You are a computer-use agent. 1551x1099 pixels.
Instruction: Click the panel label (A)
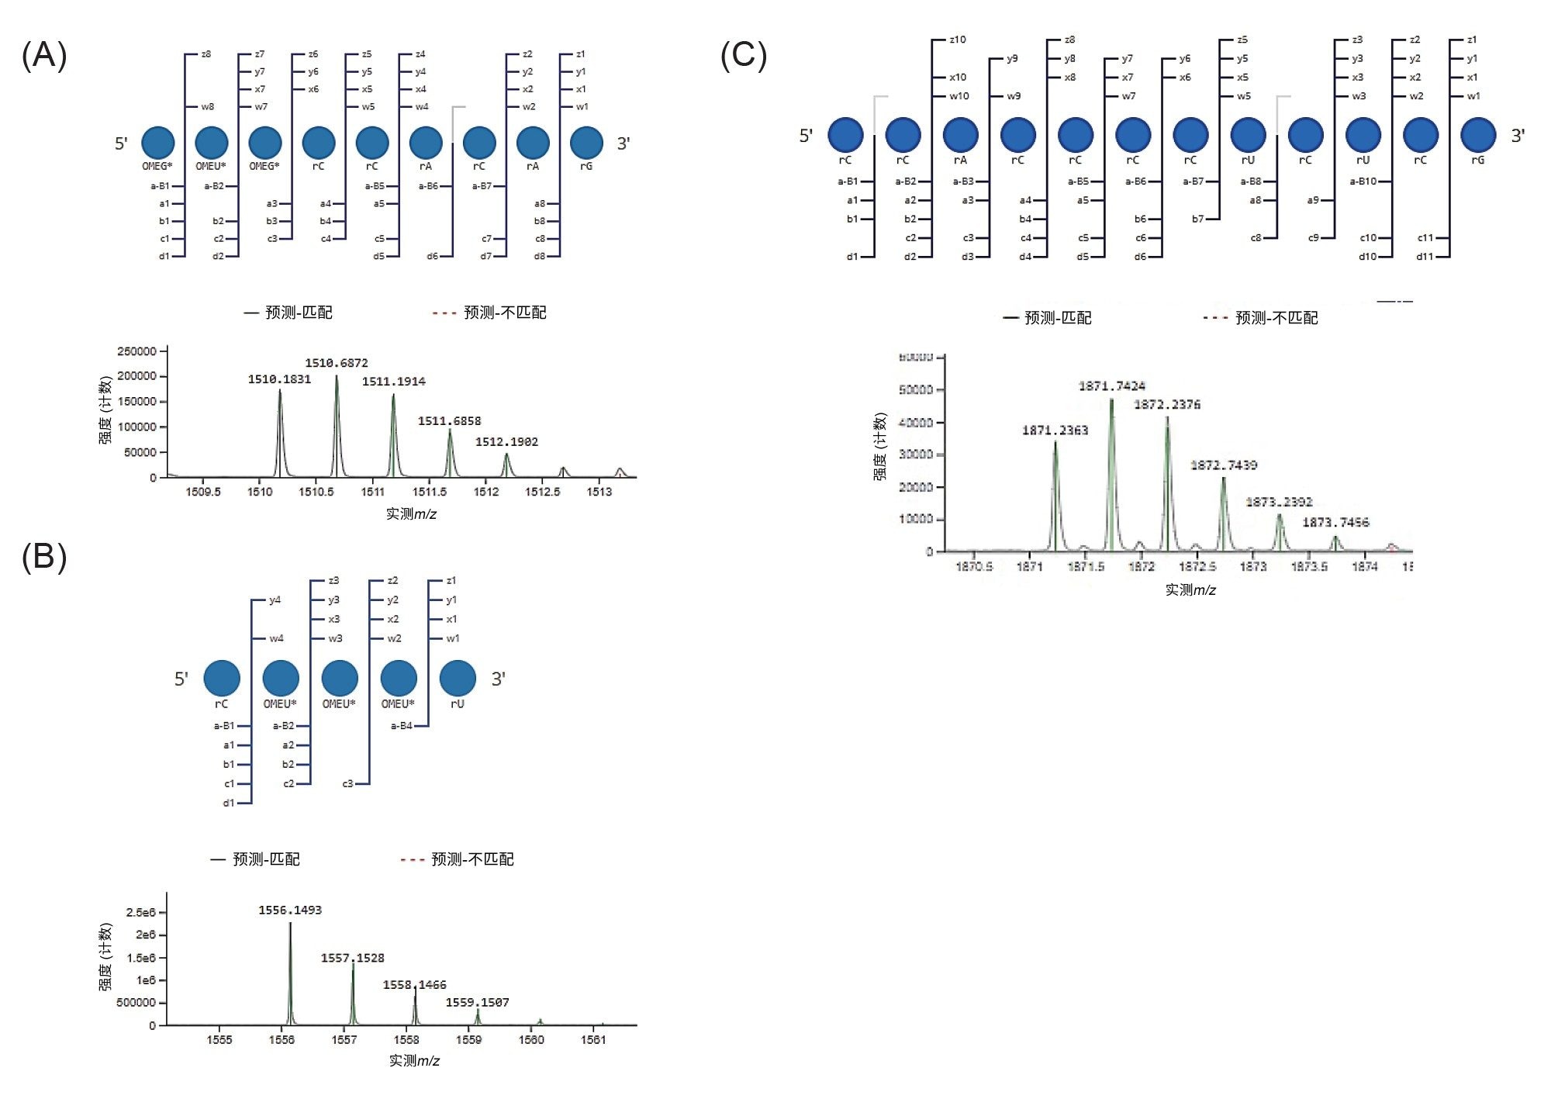coord(44,56)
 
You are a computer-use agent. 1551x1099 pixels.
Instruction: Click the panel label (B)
coord(44,558)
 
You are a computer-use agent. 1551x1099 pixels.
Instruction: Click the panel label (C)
coord(743,56)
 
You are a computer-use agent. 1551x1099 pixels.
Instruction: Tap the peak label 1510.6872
coord(336,363)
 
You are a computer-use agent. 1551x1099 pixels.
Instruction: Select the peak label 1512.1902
coord(506,442)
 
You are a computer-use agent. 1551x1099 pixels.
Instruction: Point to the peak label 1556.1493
coord(290,911)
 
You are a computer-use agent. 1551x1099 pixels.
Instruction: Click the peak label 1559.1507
coord(477,1003)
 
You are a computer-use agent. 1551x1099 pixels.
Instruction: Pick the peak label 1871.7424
coord(1111,386)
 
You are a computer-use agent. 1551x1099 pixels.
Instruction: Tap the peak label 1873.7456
coord(1335,523)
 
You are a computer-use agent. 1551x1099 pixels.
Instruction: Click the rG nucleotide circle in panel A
coord(586,143)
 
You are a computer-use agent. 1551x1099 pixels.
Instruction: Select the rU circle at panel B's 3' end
coord(458,678)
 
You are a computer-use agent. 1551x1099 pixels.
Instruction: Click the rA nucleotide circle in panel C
coord(960,134)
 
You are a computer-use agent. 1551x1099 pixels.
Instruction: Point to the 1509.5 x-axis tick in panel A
coord(203,492)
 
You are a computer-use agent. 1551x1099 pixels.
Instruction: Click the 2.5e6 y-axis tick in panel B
coord(140,913)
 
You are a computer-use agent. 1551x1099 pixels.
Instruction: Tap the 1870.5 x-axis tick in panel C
coord(973,567)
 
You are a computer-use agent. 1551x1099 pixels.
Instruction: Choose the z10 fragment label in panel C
coord(958,40)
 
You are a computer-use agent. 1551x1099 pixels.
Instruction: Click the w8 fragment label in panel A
coord(207,107)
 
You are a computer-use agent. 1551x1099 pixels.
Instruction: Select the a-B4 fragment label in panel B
coord(401,726)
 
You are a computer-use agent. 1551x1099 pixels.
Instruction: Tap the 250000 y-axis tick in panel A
coord(136,351)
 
